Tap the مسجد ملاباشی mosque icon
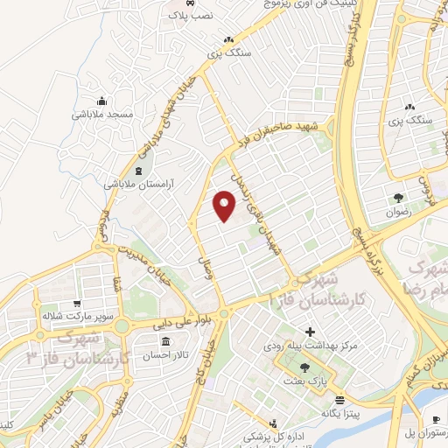[101, 100]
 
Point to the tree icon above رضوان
[398, 198]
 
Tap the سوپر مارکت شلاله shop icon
[81, 301]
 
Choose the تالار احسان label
[165, 355]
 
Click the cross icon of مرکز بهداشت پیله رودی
[309, 333]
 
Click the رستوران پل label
[423, 433]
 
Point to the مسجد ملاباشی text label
[101, 115]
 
